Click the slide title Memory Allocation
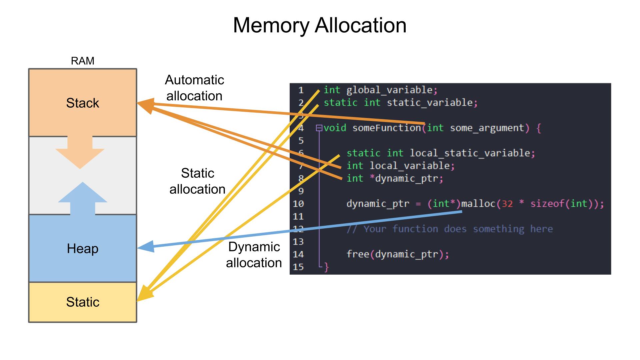tap(320, 25)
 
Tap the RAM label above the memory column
tap(82, 61)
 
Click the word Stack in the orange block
tap(82, 103)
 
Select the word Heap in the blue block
tap(82, 249)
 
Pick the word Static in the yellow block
tap(82, 302)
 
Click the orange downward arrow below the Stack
tap(80, 152)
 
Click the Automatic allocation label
tap(195, 88)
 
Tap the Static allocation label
tap(197, 181)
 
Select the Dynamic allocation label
tap(254, 255)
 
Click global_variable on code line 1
tap(389, 90)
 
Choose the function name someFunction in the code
tap(387, 128)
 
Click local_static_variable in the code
tap(470, 153)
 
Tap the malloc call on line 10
tap(478, 204)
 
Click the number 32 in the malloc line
tap(507, 204)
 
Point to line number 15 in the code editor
tap(298, 267)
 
